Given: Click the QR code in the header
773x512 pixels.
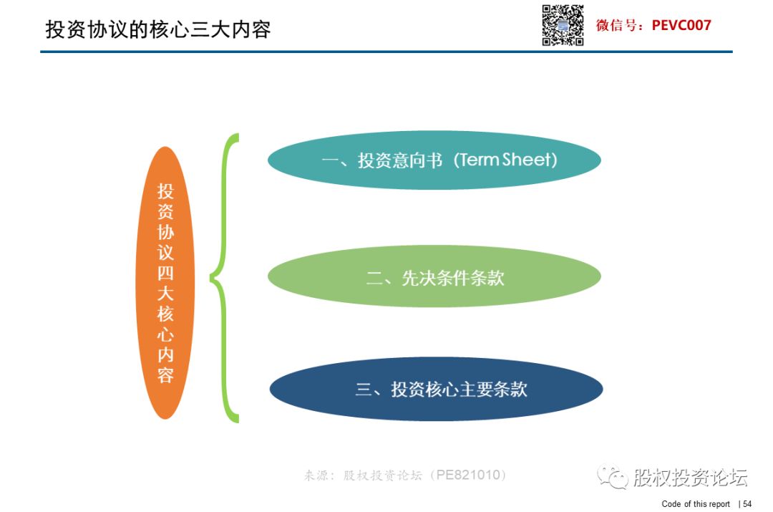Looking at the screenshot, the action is click(563, 25).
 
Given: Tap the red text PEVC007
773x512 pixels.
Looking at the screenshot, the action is click(681, 25).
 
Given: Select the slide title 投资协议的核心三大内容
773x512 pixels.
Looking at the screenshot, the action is click(157, 29).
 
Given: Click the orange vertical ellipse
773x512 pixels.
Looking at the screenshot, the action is click(165, 283).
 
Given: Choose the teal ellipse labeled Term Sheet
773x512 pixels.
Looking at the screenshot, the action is click(434, 160).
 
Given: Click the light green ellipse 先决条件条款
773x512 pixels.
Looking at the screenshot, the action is click(434, 276).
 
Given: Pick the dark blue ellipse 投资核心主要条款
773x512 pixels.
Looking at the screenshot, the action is click(436, 389).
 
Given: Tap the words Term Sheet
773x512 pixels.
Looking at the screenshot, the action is click(505, 160).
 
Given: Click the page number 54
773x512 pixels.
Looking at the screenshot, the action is click(747, 503).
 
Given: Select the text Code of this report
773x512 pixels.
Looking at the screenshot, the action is click(696, 503).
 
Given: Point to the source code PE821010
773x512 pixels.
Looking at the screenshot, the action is click(468, 475).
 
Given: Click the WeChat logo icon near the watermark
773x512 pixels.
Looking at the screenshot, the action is click(613, 475).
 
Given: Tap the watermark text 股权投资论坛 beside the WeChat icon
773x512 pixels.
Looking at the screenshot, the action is click(690, 477).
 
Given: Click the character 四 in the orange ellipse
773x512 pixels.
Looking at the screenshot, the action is click(165, 273).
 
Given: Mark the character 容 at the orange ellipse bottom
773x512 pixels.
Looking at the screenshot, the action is click(165, 375).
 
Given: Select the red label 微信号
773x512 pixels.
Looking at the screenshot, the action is click(616, 25).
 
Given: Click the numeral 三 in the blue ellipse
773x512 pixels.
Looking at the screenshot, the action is click(364, 390).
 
